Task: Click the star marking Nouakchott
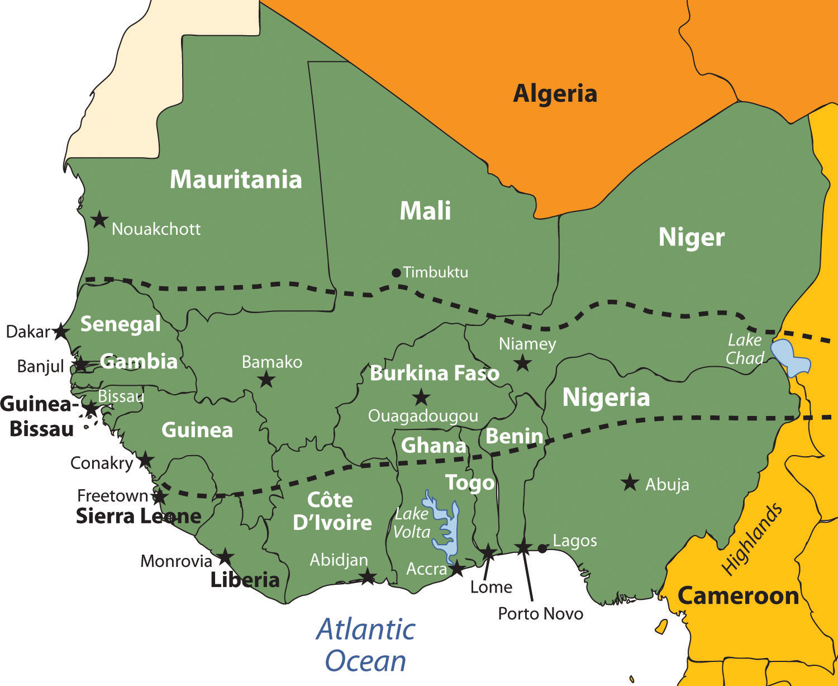click(99, 220)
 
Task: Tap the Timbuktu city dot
click(396, 273)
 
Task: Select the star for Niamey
click(522, 363)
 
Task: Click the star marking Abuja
click(630, 482)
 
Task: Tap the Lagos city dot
click(542, 548)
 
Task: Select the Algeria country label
click(555, 93)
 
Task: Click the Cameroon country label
click(738, 596)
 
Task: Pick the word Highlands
click(752, 538)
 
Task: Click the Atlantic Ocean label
click(366, 645)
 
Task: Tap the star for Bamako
click(266, 380)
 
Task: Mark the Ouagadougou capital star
click(421, 398)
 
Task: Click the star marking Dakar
click(60, 332)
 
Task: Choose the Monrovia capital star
click(225, 557)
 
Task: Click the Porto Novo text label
click(540, 614)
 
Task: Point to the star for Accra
click(457, 569)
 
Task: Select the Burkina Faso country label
click(435, 373)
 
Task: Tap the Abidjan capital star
click(367, 577)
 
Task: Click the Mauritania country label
click(236, 179)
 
